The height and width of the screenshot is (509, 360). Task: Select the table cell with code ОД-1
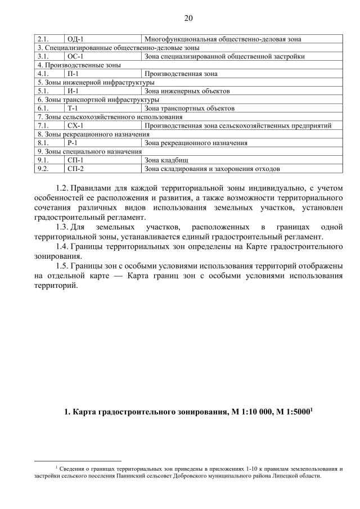75,39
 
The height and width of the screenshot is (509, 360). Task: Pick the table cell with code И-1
73,91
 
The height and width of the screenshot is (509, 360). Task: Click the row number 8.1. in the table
43,143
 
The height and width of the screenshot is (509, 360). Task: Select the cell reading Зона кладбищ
164,160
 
